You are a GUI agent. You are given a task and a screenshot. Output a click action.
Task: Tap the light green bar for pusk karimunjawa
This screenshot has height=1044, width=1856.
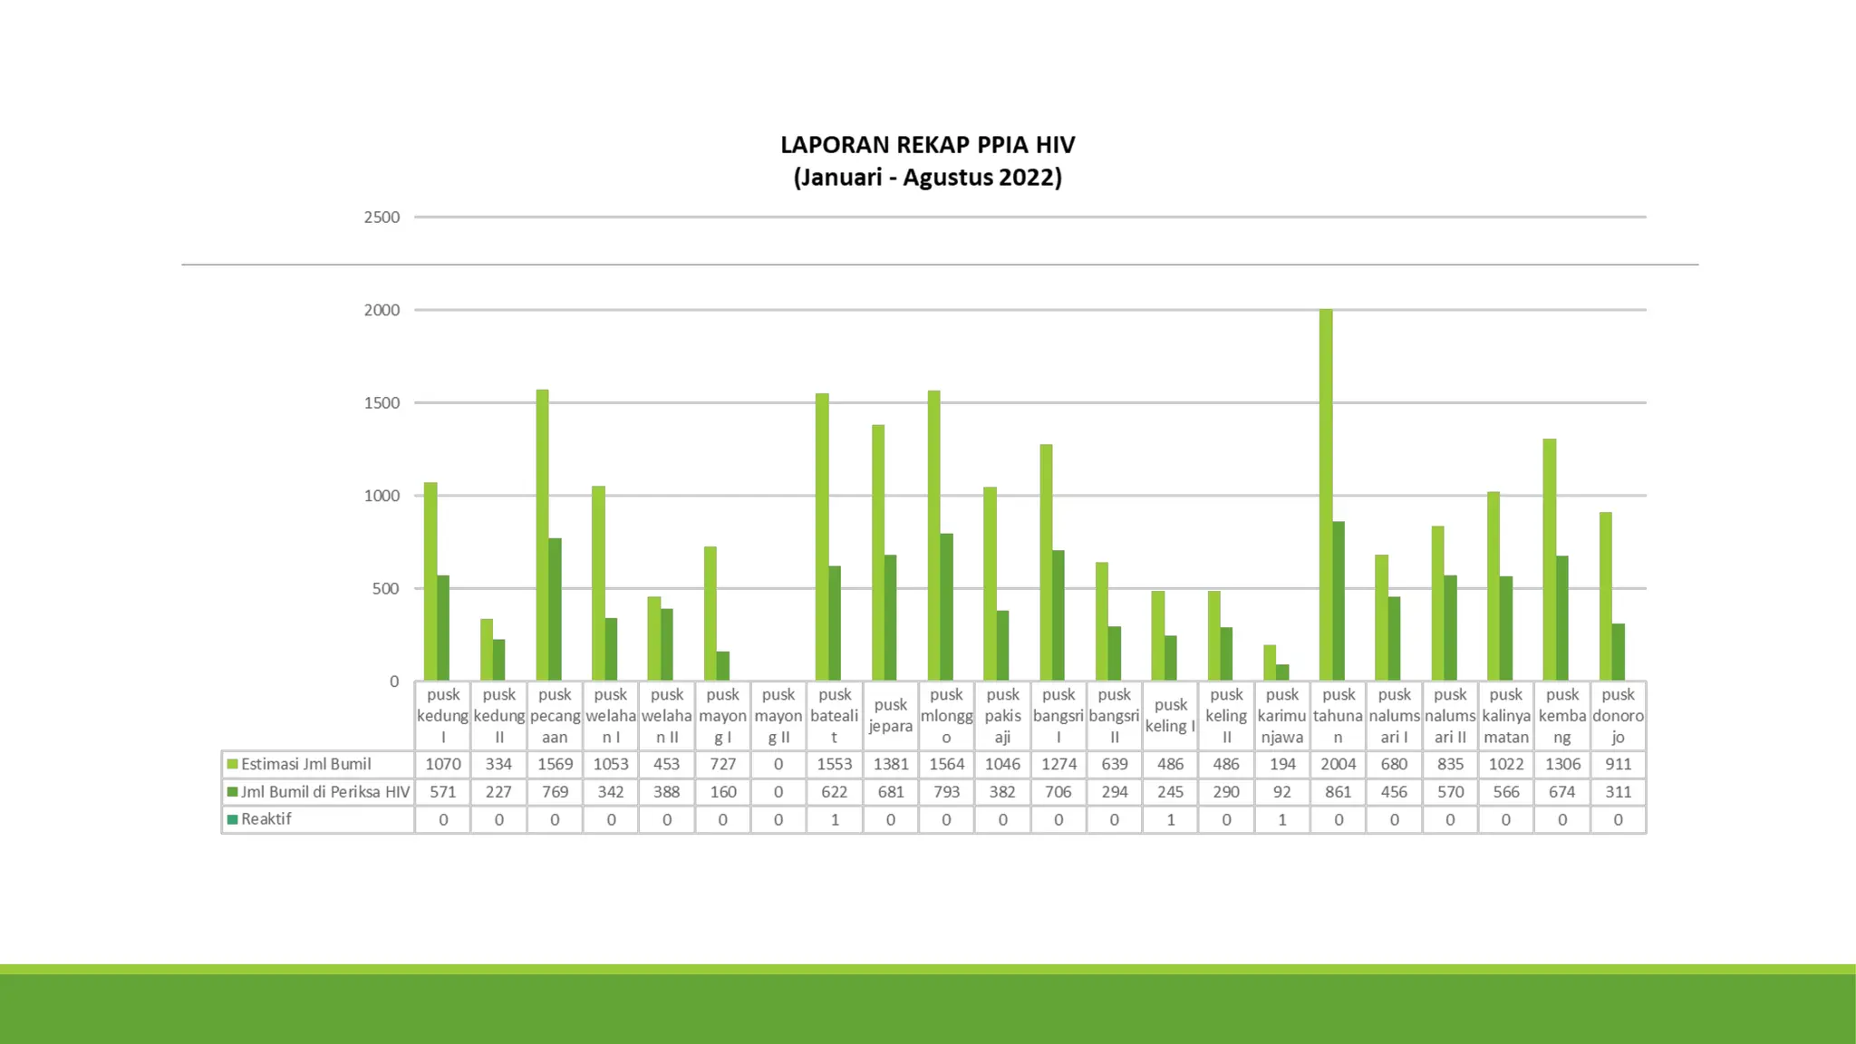pyautogui.click(x=1270, y=662)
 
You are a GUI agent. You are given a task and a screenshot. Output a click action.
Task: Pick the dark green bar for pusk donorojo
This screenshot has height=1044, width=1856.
pyautogui.click(x=1619, y=652)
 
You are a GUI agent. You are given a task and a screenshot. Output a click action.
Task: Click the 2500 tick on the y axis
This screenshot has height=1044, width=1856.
pyautogui.click(x=382, y=217)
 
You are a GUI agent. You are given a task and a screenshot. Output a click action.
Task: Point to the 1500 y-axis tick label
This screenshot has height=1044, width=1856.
pyautogui.click(x=382, y=403)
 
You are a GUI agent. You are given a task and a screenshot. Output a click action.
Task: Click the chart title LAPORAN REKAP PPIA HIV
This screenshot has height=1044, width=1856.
pyautogui.click(x=927, y=145)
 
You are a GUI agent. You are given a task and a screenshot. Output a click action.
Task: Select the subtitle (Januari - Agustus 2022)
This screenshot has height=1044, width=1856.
pyautogui.click(x=927, y=177)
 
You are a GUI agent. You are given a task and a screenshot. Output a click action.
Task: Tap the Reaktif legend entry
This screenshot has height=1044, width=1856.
pyautogui.click(x=266, y=819)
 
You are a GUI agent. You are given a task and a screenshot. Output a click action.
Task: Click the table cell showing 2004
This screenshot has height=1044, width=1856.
pyautogui.click(x=1339, y=764)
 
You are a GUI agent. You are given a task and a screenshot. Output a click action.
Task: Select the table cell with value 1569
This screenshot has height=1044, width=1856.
pyautogui.click(x=555, y=764)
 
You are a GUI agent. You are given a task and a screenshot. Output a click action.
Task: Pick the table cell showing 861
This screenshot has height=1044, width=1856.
pyautogui.click(x=1339, y=792)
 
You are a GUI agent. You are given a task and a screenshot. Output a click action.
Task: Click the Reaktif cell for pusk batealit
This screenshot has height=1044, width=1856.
pyautogui.click(x=835, y=819)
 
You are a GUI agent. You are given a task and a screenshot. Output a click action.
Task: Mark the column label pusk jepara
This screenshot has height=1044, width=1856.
pyautogui.click(x=891, y=715)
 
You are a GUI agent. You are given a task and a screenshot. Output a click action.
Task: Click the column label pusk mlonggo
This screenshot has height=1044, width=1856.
pyautogui.click(x=946, y=715)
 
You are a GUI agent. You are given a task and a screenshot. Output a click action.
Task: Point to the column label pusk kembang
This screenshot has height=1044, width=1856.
pyautogui.click(x=1562, y=715)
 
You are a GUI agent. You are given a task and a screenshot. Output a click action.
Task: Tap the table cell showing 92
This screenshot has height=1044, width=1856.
pyautogui.click(x=1282, y=792)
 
